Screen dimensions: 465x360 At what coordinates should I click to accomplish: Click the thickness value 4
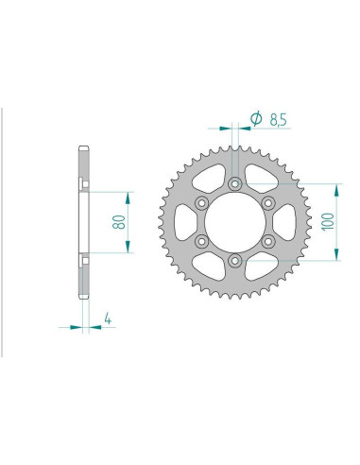111,320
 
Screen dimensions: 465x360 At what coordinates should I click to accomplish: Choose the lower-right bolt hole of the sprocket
267,242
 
